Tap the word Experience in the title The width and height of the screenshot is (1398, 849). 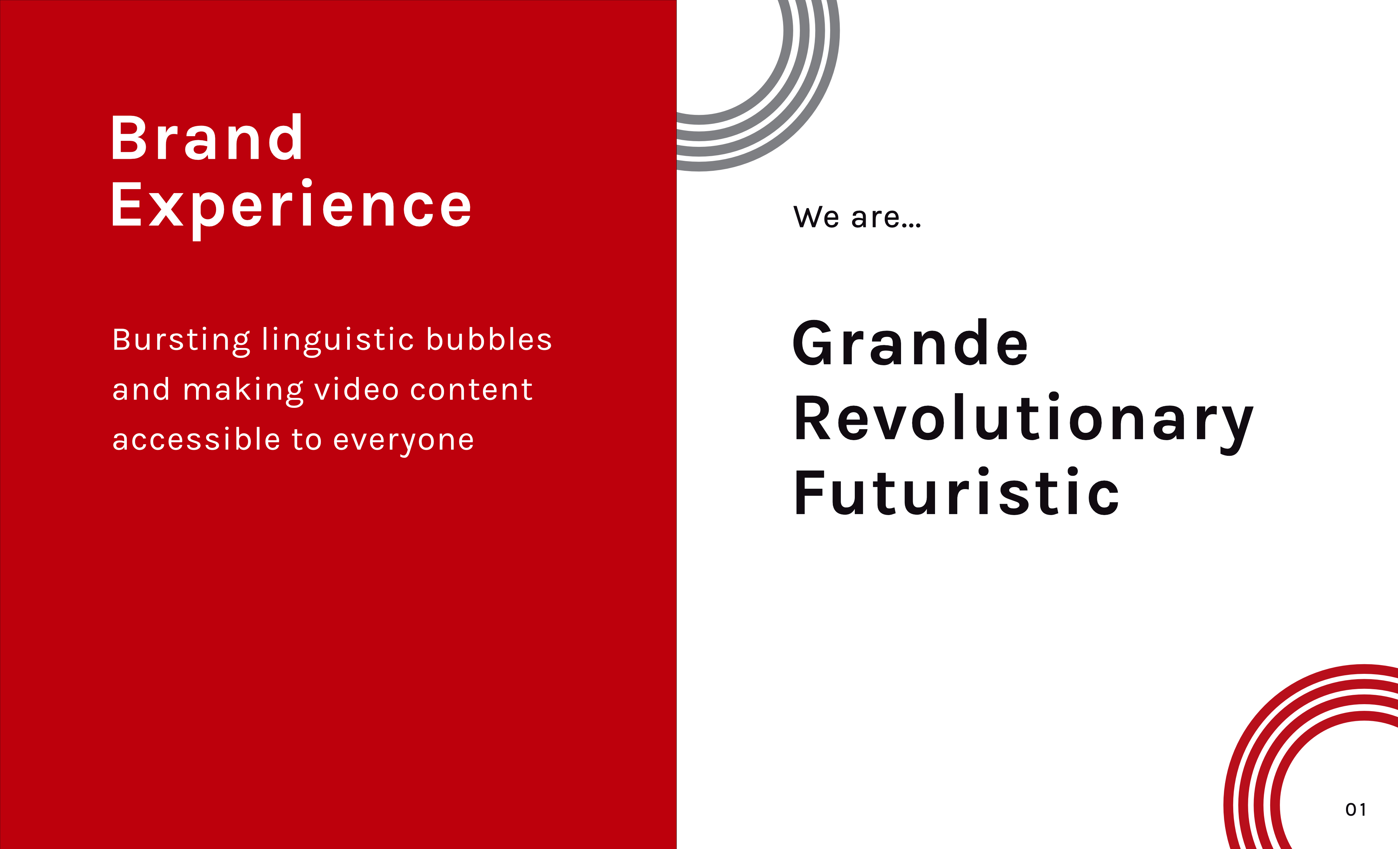point(291,209)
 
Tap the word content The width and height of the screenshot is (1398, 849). point(471,390)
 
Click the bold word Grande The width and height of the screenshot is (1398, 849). point(910,343)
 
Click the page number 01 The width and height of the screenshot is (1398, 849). point(1355,810)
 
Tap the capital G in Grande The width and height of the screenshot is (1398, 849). point(815,343)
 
